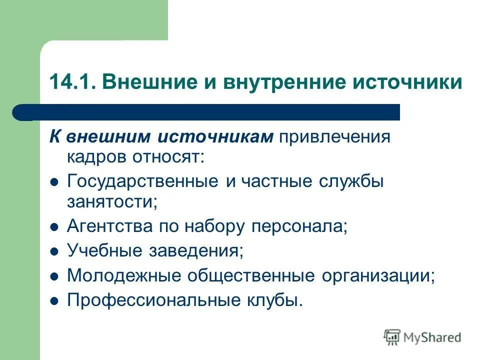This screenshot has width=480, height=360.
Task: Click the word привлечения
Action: click(x=334, y=137)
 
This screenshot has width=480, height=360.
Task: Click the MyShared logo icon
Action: click(x=392, y=337)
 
